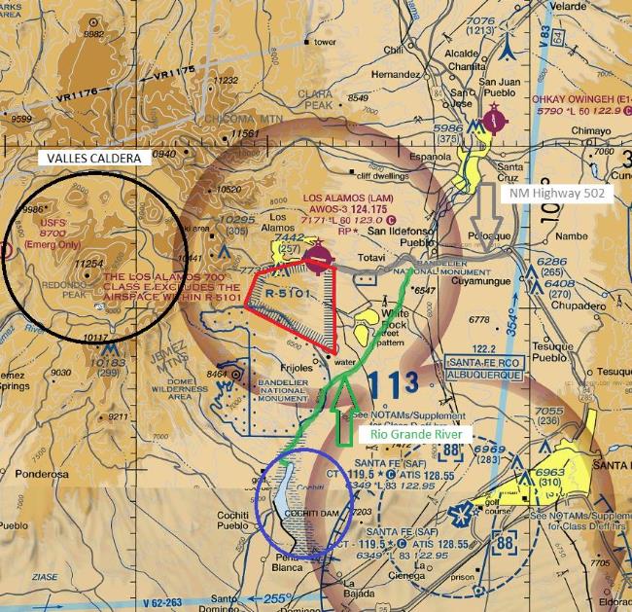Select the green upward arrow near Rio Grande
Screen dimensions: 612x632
coord(342,414)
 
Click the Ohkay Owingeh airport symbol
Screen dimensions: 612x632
coord(496,122)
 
